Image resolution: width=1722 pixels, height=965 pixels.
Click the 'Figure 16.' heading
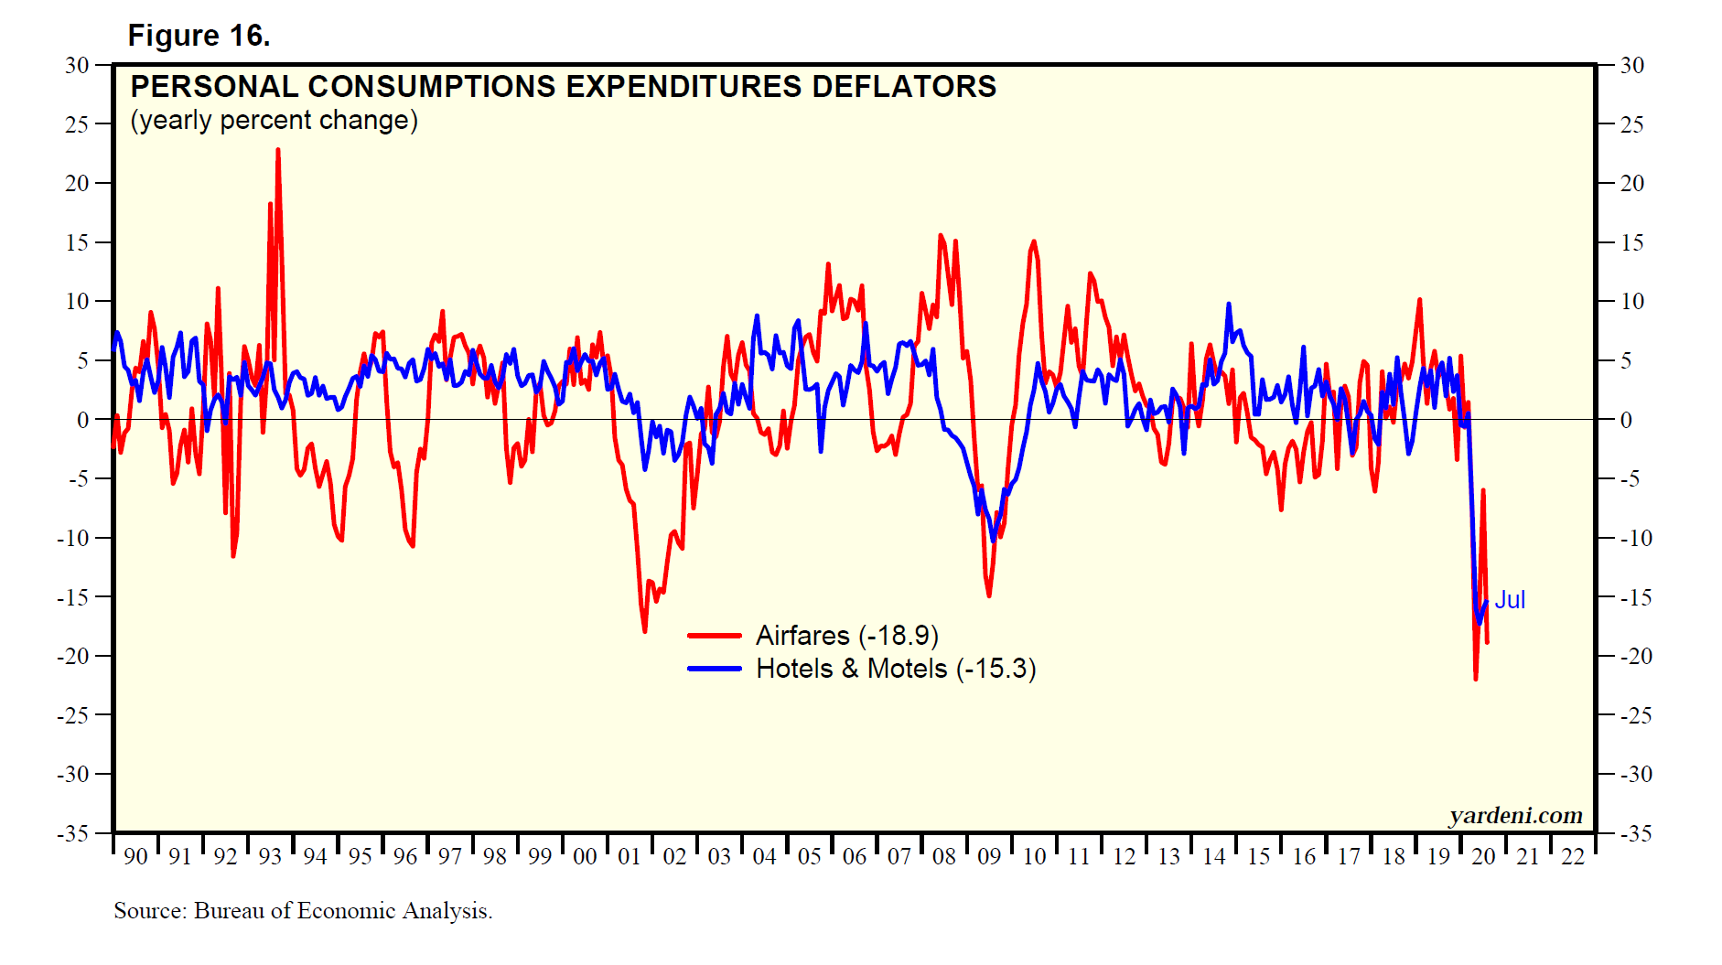click(x=199, y=36)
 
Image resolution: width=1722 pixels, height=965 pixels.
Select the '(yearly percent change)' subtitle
click(x=274, y=121)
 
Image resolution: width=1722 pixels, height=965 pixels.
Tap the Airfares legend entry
click(x=846, y=636)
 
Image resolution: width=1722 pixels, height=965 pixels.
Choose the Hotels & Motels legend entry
click(x=895, y=669)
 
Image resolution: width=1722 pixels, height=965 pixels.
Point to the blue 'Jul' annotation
click(x=1510, y=600)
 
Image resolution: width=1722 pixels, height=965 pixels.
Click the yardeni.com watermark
click(x=1515, y=815)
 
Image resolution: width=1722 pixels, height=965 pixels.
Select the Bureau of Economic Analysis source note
click(x=303, y=911)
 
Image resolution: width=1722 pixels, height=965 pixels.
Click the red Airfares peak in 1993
click(x=277, y=150)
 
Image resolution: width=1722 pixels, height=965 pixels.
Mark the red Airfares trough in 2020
click(x=1476, y=679)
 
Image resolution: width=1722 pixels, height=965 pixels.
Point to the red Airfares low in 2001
click(x=644, y=631)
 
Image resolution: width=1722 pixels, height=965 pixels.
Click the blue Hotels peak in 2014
click(x=1229, y=305)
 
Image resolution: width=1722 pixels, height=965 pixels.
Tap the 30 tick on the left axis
click(x=77, y=65)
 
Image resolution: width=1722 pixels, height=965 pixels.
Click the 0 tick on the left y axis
click(x=82, y=420)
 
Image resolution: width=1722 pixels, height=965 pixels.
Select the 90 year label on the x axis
click(x=135, y=857)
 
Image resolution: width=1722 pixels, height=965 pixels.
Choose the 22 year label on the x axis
click(x=1573, y=857)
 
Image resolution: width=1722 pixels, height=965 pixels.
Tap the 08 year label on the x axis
click(x=944, y=857)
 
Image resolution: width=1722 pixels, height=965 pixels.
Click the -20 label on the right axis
click(x=1631, y=656)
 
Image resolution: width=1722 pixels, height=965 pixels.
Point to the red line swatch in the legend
click(x=715, y=636)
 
